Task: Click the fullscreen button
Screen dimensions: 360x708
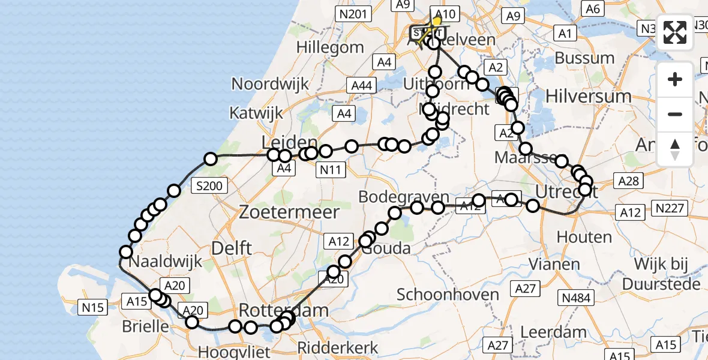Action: coord(676,32)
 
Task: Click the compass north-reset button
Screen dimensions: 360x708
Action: coord(676,149)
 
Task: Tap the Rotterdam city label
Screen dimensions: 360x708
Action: coord(284,310)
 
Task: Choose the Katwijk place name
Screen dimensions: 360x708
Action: coord(256,112)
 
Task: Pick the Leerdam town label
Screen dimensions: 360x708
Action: coord(553,332)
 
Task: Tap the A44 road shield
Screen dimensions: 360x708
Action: coord(361,86)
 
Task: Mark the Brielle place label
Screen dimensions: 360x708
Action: coord(145,326)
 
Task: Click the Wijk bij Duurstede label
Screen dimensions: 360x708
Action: coord(658,273)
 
